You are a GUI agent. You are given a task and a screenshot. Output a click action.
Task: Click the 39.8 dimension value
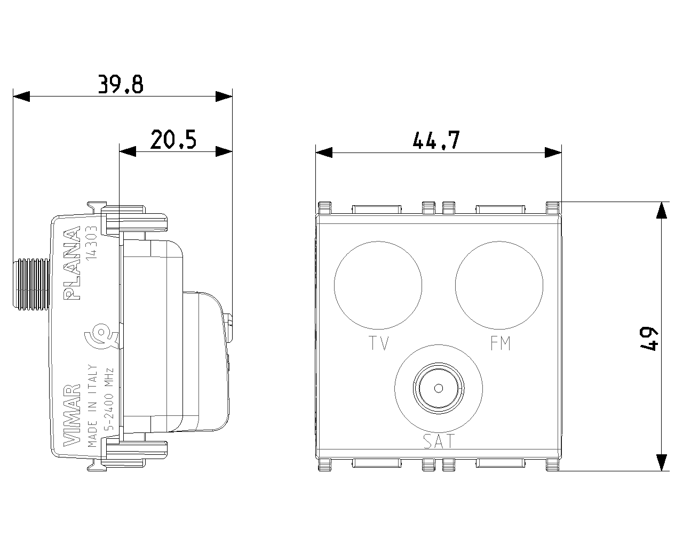click(x=121, y=84)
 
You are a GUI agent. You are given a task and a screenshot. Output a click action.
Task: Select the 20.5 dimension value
click(x=173, y=140)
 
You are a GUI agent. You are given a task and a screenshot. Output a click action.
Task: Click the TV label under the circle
click(x=379, y=343)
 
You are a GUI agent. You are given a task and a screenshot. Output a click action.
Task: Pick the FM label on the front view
click(x=501, y=343)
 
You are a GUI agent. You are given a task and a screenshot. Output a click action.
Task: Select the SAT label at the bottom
click(x=439, y=441)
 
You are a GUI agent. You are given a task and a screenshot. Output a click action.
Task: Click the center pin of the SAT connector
click(x=439, y=388)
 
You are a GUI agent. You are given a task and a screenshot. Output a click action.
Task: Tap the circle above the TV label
click(x=378, y=285)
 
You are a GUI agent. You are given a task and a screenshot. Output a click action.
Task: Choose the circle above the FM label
click(x=499, y=285)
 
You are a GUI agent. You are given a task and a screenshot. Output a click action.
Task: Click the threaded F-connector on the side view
click(x=31, y=284)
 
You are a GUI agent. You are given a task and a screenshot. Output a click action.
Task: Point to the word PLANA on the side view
click(x=72, y=263)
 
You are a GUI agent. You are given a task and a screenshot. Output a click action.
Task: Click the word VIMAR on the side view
click(x=72, y=415)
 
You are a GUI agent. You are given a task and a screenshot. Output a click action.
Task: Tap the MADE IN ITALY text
click(x=92, y=406)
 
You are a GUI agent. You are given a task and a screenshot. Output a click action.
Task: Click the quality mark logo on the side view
click(x=101, y=336)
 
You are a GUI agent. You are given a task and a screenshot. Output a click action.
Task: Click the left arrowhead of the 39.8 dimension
click(x=21, y=97)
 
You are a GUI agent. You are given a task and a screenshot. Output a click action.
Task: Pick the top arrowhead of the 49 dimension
click(x=662, y=210)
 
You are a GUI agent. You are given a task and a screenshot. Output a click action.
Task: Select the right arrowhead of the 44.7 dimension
click(x=553, y=152)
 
